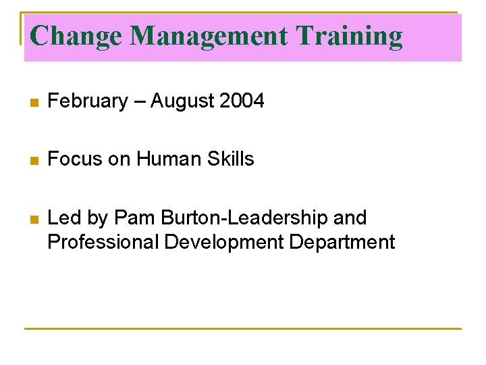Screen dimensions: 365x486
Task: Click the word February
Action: (88, 101)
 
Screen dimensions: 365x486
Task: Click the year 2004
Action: (242, 101)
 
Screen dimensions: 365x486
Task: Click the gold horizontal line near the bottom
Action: (243, 329)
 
